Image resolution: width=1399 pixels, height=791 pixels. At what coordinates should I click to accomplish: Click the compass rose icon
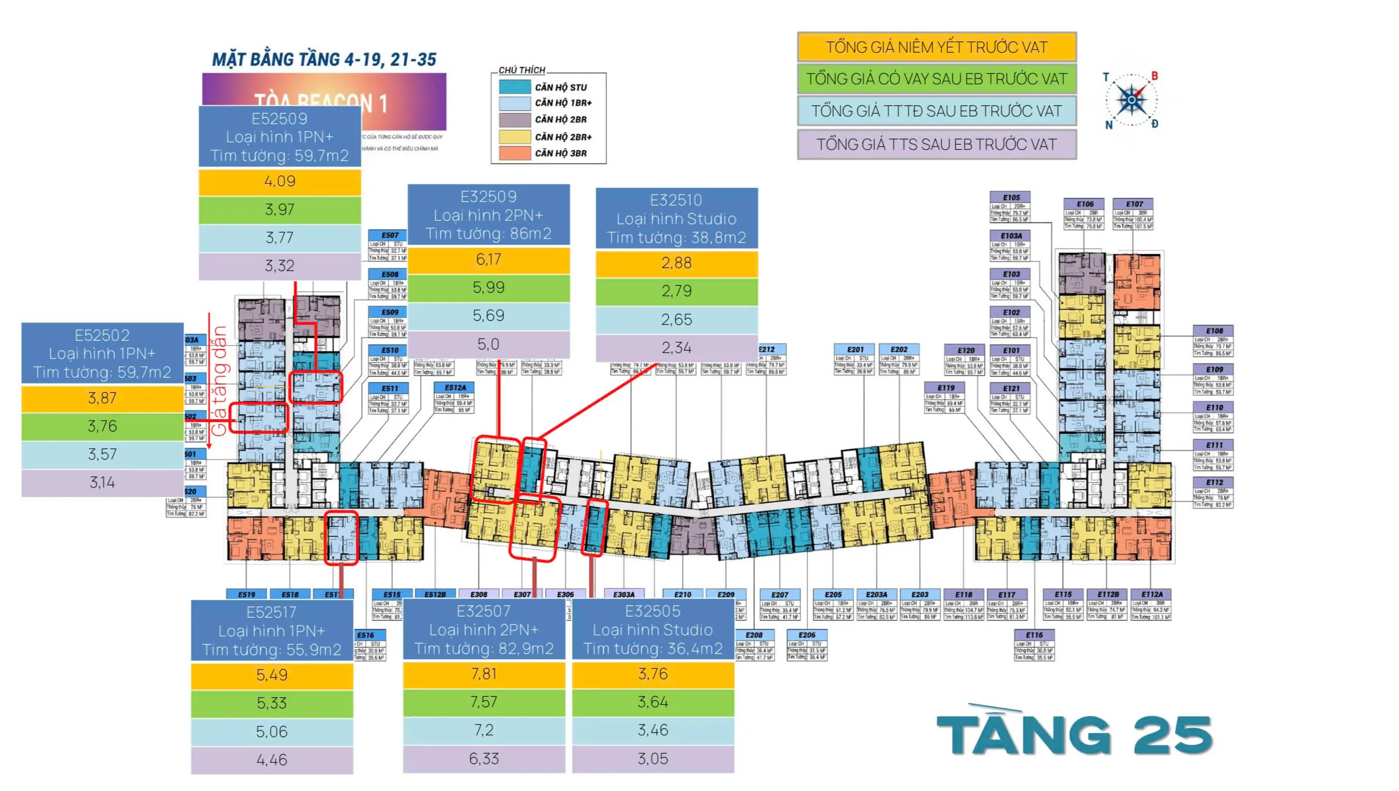1131,100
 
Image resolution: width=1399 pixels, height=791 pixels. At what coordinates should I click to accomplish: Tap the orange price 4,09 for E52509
279,182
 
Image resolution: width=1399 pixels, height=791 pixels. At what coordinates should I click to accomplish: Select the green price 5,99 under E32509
489,287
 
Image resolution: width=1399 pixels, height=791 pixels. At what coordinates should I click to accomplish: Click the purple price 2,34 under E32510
677,348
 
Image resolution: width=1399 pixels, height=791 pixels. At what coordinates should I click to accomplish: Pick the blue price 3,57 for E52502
103,454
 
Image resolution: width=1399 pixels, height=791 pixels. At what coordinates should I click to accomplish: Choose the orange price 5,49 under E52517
272,675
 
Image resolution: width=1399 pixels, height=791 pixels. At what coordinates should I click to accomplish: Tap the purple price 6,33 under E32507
484,759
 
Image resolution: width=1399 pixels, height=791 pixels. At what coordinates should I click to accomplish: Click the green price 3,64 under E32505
653,702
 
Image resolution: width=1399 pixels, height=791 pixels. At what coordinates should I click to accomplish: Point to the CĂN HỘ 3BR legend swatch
515,153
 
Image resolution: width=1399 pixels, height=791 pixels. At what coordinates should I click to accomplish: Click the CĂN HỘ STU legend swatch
515,87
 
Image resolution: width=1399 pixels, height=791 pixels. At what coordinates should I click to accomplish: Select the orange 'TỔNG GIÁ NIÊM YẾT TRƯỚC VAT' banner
936,47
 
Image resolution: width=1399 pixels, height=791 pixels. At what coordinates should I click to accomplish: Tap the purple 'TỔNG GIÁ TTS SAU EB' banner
936,145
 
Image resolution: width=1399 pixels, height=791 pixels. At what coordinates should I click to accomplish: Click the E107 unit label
1134,204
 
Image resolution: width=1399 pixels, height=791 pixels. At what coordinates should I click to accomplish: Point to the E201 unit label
855,350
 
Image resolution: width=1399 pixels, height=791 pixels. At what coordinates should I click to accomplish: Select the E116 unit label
1034,635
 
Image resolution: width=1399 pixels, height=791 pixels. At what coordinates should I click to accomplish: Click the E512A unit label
455,388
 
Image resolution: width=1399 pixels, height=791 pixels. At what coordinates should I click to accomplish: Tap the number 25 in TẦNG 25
1172,735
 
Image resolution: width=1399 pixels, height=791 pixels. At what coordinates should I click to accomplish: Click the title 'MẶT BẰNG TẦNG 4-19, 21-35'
324,60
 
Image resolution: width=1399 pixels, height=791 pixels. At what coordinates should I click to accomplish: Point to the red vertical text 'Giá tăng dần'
219,381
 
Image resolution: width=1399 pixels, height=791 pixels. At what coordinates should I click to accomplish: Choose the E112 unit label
1214,482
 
